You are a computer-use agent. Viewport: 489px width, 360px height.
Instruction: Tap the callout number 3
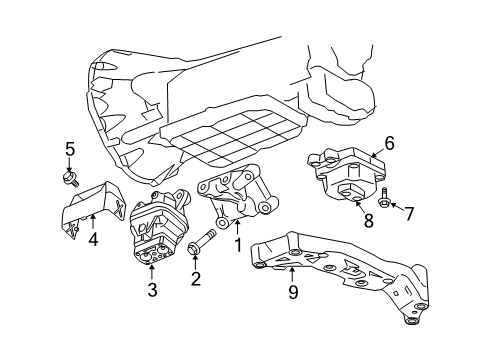(x=151, y=291)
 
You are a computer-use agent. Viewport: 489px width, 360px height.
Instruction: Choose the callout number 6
(x=389, y=143)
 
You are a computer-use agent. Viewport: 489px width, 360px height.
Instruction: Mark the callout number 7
(x=408, y=212)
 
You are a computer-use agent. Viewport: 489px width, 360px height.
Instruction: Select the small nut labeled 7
(x=385, y=209)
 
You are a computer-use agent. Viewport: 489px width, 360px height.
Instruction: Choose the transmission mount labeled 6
(x=350, y=172)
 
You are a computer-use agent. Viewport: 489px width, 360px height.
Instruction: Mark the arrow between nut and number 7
(x=397, y=211)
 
